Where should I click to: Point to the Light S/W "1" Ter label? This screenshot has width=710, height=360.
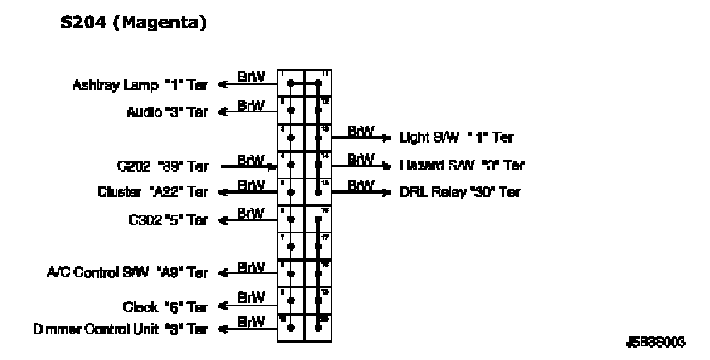457,139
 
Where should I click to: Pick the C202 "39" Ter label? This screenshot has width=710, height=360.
162,167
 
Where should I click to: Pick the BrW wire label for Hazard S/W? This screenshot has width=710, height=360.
361,159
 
